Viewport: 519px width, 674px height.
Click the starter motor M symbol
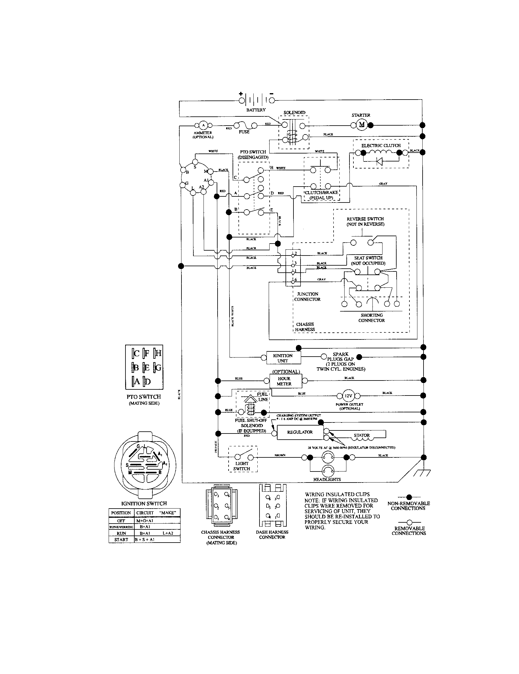[x=362, y=125]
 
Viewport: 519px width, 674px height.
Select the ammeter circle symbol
[x=203, y=125]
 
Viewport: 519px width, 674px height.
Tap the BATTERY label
[x=256, y=110]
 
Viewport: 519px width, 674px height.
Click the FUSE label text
[x=244, y=132]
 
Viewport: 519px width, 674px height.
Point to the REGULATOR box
[x=300, y=432]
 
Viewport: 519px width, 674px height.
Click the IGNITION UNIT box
[x=283, y=358]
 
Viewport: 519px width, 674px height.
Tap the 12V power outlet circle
[x=349, y=396]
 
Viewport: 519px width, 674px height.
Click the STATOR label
[x=362, y=435]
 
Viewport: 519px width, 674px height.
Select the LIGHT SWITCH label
[x=242, y=466]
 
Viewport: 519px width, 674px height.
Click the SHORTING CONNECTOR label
[x=372, y=318]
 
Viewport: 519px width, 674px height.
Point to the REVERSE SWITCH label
[x=365, y=221]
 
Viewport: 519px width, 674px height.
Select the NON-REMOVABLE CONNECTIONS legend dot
[x=409, y=497]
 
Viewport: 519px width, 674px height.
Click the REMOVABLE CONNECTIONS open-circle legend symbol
[x=409, y=522]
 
